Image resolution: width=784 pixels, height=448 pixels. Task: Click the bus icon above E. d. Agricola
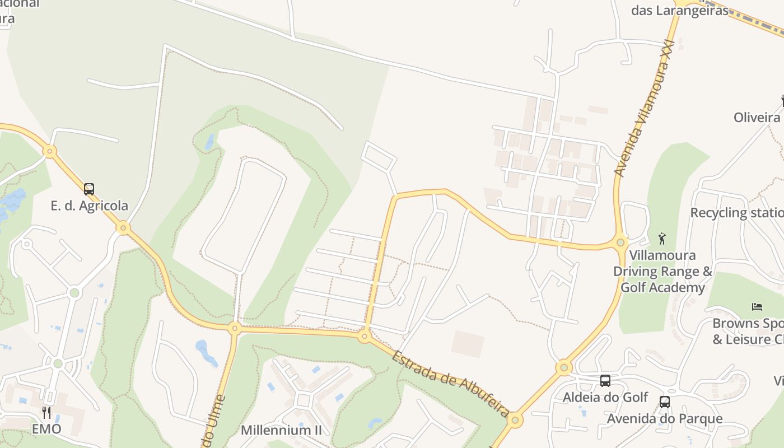89,189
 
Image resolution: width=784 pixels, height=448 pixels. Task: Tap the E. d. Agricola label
90,206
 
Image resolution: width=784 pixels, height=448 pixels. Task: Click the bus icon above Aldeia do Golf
605,381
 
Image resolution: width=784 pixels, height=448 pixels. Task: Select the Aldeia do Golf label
605,398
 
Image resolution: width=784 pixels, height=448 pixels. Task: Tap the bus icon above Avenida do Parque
665,402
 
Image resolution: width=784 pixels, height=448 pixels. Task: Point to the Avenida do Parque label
665,419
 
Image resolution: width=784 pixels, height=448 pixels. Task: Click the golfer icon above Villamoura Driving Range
662,239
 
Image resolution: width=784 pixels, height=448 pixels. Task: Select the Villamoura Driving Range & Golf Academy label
662,272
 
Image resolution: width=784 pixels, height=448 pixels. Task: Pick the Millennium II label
282,430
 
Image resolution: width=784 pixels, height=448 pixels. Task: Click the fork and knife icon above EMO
46,413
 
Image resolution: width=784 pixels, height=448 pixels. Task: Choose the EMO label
46,430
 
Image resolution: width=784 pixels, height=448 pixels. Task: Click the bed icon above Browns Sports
757,306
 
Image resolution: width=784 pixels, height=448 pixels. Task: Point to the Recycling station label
736,213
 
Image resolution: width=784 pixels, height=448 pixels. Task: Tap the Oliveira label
757,117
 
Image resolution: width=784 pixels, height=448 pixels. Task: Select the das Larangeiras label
680,11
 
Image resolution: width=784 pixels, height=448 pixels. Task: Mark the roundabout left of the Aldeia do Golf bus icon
564,368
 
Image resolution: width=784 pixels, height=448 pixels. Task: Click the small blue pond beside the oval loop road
210,141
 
